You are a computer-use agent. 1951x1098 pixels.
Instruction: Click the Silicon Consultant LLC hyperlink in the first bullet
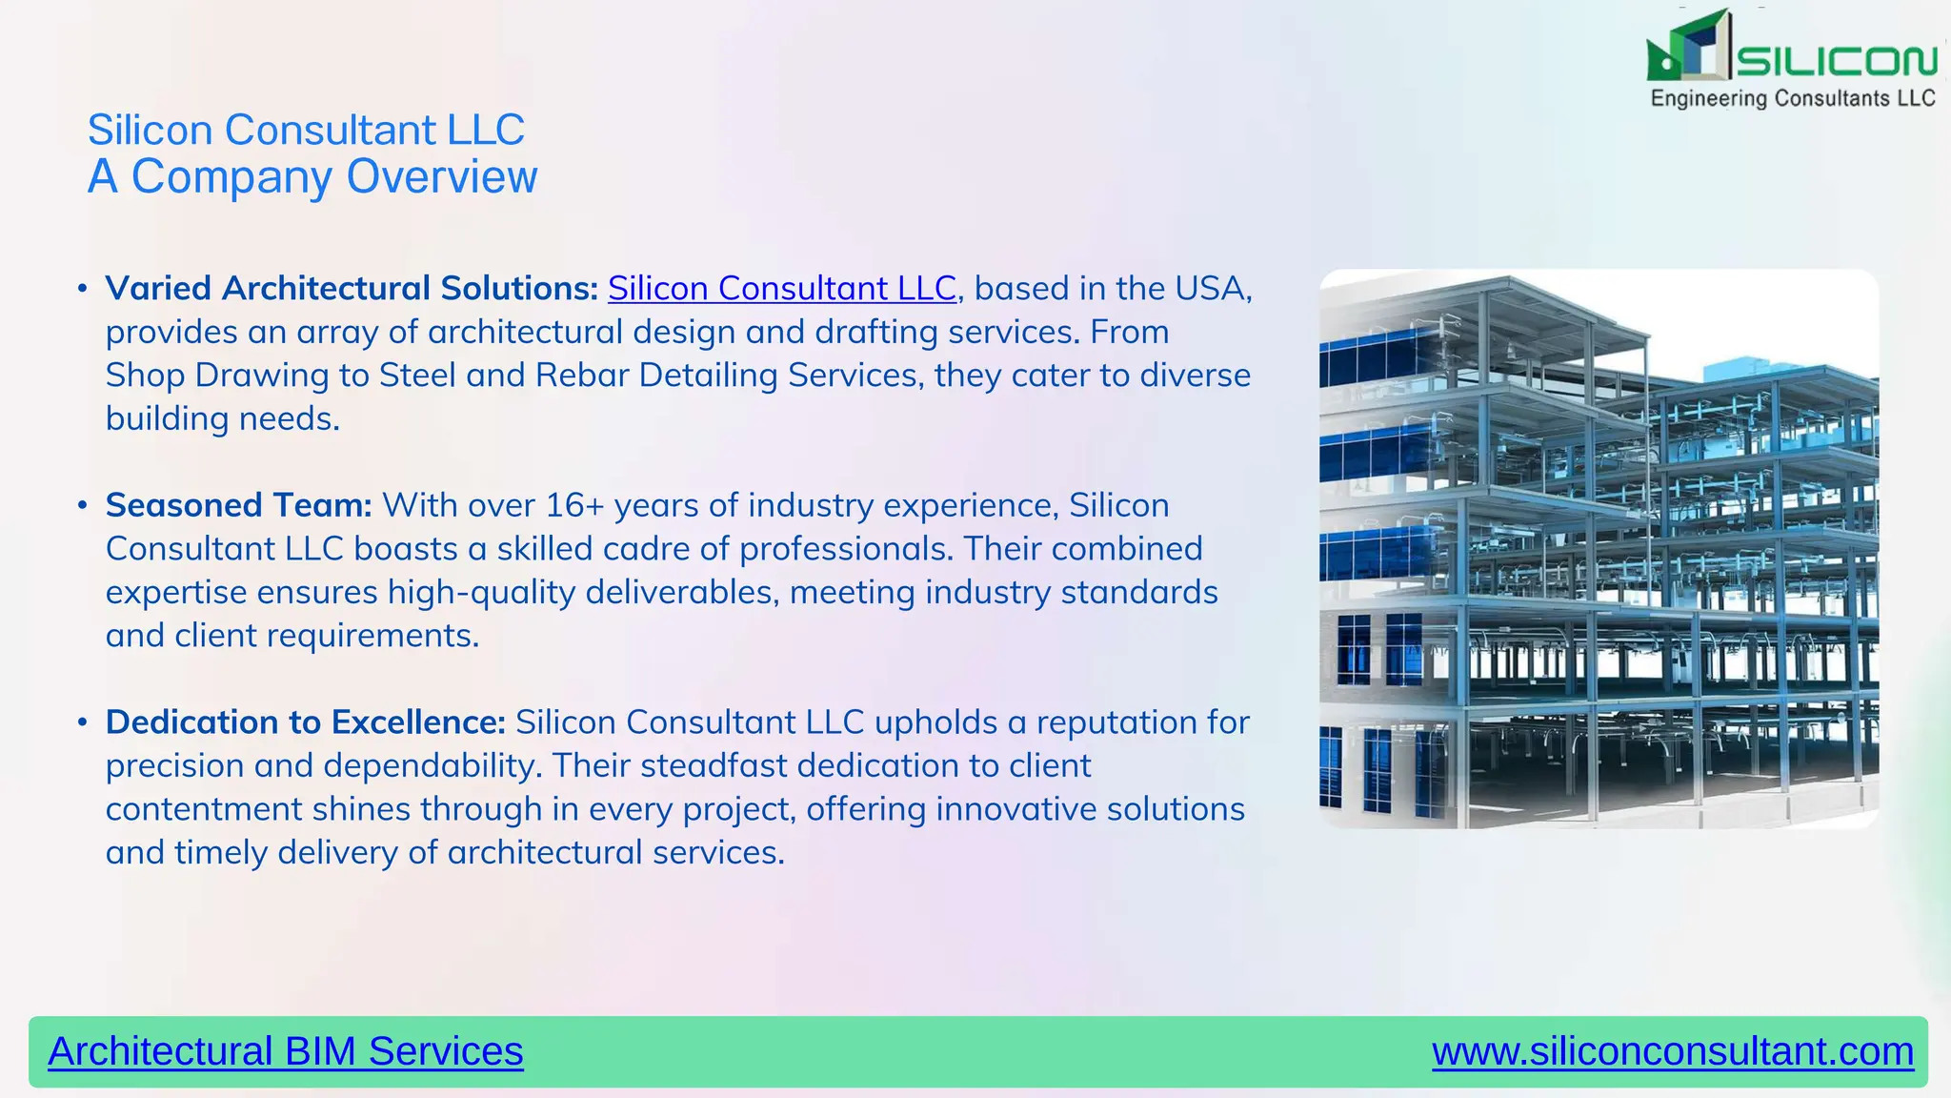tap(781, 289)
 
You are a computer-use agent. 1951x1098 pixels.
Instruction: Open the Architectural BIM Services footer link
tap(285, 1051)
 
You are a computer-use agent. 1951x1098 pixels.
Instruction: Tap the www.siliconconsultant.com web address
tap(1672, 1051)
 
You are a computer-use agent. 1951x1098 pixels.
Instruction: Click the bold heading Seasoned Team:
tap(238, 505)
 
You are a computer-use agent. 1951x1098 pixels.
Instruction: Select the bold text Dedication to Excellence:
tap(305, 722)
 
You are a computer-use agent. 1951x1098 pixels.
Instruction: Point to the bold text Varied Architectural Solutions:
tap(352, 289)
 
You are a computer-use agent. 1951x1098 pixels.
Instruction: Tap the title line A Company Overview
tap(312, 177)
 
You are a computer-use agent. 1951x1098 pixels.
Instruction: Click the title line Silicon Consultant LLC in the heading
tap(306, 130)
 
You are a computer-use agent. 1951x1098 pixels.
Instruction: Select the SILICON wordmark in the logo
tap(1836, 62)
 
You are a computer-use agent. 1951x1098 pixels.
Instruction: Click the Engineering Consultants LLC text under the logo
tap(1792, 98)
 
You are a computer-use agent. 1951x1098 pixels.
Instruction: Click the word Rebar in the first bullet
tap(581, 376)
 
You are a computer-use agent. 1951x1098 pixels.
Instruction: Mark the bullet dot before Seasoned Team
tap(83, 505)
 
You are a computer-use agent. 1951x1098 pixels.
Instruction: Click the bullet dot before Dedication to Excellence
tap(83, 722)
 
